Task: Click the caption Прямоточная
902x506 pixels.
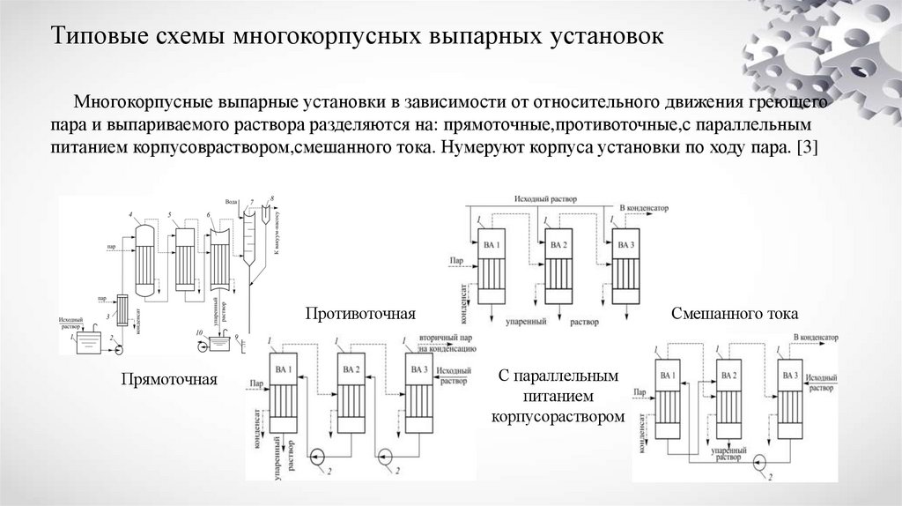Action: (168, 381)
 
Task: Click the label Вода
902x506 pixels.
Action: (232, 203)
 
